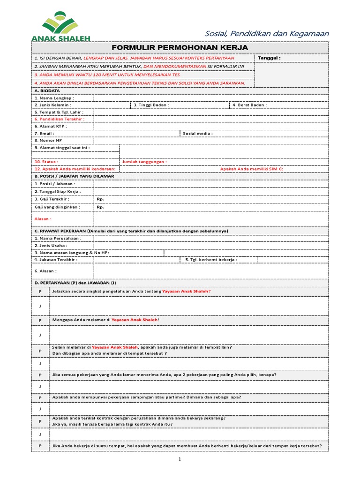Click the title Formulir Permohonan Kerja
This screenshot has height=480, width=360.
180,48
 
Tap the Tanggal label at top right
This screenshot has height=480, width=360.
269,58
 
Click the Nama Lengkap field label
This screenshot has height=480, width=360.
54,98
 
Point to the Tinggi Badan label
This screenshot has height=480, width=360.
151,105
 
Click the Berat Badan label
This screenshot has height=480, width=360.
249,105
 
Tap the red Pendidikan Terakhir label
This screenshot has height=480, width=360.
59,119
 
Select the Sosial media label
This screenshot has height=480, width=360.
197,134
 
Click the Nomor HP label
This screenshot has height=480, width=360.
48,140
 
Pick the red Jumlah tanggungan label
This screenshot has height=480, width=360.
144,162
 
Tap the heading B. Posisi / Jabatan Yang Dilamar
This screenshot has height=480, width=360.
74,176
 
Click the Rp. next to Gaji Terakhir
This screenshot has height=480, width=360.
100,199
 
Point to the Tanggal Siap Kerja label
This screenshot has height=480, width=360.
57,192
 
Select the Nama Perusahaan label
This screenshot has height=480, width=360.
57,238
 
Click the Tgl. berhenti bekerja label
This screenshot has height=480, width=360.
211,260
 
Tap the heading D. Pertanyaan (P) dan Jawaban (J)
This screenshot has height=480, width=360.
75,283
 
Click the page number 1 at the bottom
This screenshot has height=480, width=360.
180,459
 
